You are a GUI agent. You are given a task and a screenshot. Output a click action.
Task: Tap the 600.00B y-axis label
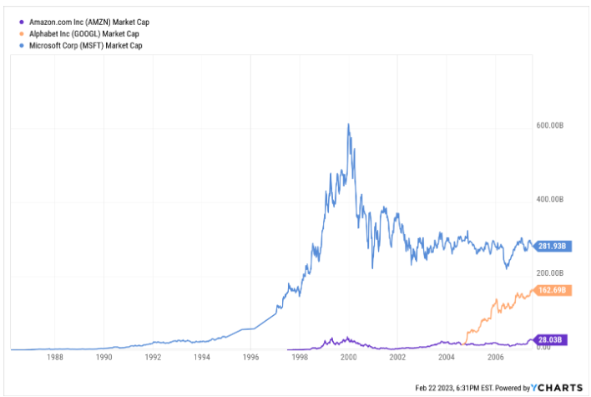point(552,125)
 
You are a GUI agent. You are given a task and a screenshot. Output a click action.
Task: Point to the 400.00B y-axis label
point(552,200)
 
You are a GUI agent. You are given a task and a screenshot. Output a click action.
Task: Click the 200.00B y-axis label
point(552,273)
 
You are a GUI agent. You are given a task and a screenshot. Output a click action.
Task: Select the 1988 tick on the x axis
point(55,356)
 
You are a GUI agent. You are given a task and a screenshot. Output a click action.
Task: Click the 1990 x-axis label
point(104,356)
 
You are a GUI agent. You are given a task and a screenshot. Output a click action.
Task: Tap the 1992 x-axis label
point(153,356)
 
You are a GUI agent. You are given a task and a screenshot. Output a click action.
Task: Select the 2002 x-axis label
point(397,356)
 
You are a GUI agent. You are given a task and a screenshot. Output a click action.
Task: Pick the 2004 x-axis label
point(447,356)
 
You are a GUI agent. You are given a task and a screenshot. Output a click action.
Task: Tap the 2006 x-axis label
point(496,356)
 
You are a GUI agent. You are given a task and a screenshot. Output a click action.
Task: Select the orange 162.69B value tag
point(550,290)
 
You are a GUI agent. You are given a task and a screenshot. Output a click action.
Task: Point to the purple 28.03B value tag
point(550,339)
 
